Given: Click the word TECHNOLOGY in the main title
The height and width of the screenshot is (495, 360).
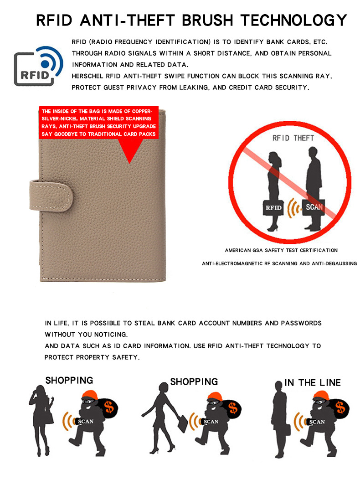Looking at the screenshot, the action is pos(294,20).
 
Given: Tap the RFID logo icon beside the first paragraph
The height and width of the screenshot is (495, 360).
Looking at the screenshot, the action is pos(38,66).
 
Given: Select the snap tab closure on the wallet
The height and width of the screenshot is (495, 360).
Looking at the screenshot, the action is pos(51,196).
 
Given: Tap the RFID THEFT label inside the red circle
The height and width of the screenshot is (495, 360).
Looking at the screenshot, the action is pos(293,138).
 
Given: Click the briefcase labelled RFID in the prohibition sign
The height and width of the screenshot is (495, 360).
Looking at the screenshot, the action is pos(273,207).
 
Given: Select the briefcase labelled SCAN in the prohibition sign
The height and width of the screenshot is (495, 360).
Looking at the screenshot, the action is pos(314,207).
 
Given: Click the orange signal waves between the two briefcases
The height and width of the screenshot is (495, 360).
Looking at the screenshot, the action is pos(293,208).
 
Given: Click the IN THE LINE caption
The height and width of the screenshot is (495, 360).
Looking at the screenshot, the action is pos(312,382).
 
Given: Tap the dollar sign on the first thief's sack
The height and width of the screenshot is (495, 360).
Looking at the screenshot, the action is pos(109,407).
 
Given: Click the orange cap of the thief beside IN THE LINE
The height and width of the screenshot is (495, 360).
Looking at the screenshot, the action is pos(322,396).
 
